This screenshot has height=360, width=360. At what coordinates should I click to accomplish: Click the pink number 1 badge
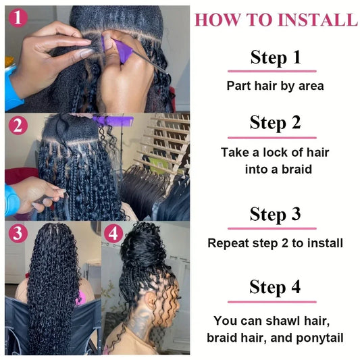click(18, 18)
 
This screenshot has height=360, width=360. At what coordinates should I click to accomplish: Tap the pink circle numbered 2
click(18, 126)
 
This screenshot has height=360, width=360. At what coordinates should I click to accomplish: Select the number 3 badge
click(18, 234)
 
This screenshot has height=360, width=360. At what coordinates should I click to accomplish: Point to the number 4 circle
click(113, 234)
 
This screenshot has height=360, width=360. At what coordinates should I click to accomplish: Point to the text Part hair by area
click(275, 86)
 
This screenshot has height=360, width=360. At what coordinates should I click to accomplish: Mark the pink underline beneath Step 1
click(272, 71)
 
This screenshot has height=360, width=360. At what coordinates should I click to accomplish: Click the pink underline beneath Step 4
click(272, 301)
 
